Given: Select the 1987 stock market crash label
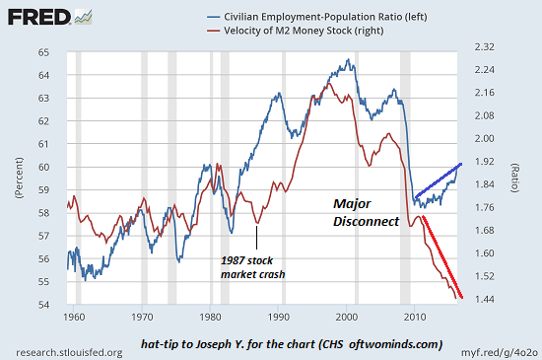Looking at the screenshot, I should tap(252, 267).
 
